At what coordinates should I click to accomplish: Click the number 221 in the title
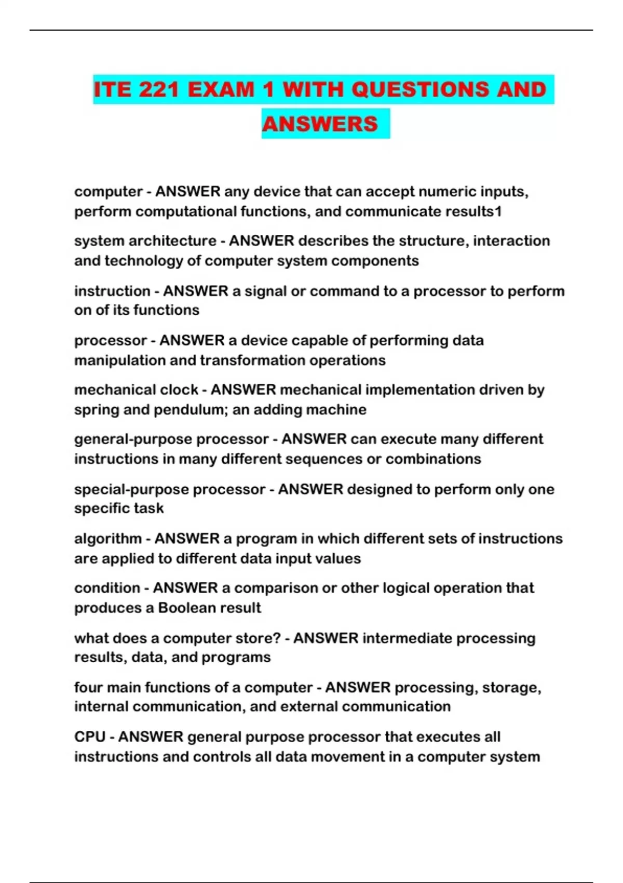[158, 90]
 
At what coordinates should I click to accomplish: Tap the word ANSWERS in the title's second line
[320, 124]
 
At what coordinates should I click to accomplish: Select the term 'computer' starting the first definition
[108, 192]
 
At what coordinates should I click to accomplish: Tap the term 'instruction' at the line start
[112, 291]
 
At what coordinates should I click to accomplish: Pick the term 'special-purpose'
[131, 489]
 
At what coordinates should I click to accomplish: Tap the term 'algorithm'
[107, 539]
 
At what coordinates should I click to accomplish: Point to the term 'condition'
[107, 588]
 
